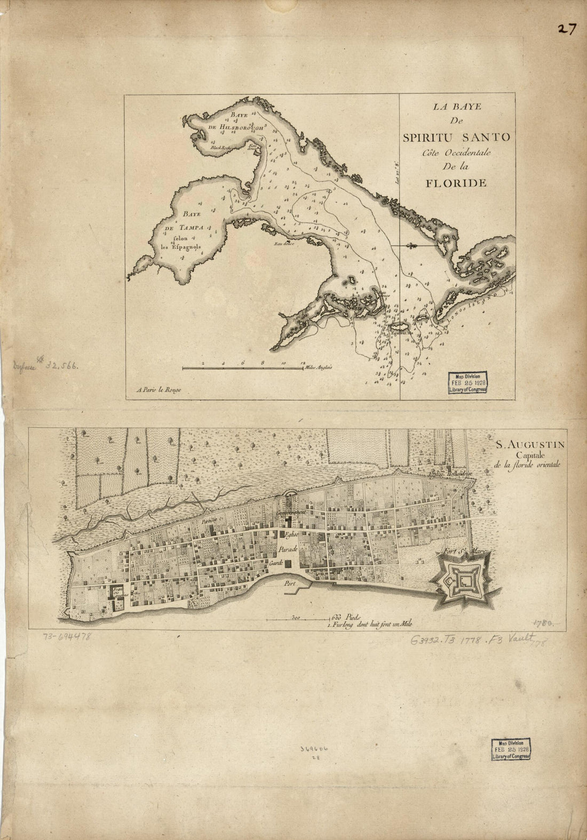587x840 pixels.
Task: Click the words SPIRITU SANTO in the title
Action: point(456,137)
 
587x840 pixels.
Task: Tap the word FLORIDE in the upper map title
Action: point(456,183)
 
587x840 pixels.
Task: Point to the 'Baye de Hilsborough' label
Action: point(234,121)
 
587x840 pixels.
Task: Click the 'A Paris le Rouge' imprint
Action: point(159,390)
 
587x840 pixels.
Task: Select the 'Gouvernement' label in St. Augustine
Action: point(290,511)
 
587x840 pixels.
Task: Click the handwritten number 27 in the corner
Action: point(566,29)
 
